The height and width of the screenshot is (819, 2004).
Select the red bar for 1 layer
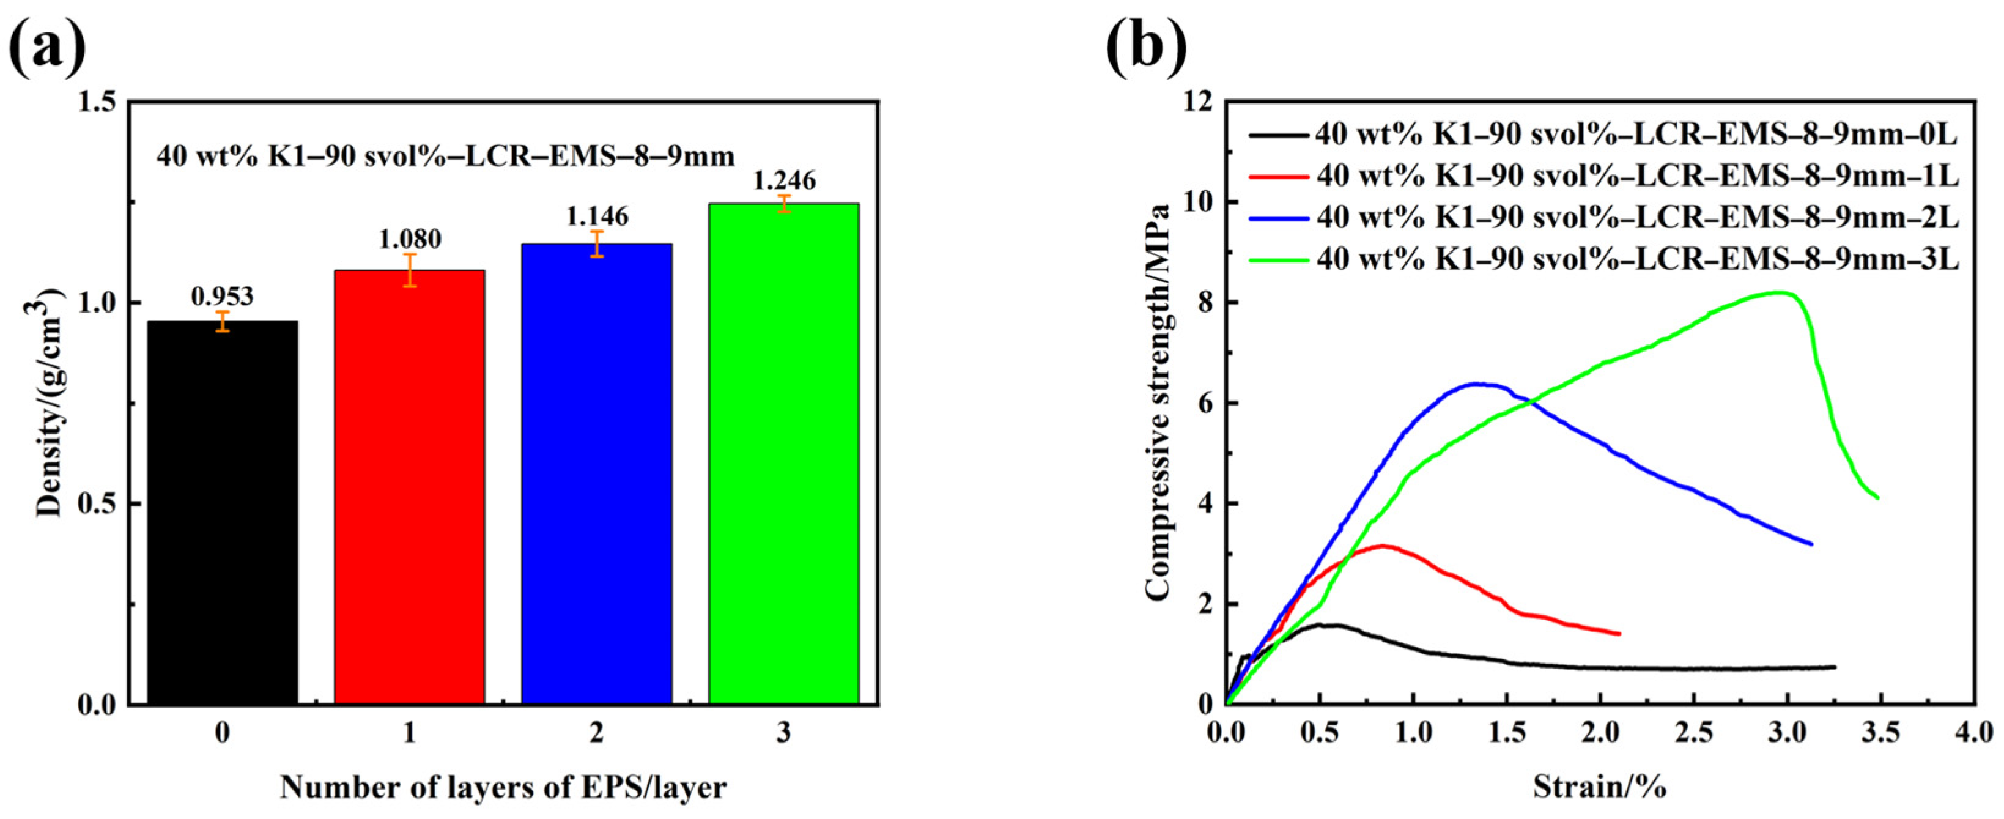409,487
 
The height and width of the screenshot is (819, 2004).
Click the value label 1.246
783,181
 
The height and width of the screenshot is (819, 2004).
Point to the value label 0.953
223,296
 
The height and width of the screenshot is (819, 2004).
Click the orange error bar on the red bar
409,270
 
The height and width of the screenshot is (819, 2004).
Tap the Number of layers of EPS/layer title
503,787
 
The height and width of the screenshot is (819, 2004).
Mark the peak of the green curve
1781,292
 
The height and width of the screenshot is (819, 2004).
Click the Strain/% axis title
1599,787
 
